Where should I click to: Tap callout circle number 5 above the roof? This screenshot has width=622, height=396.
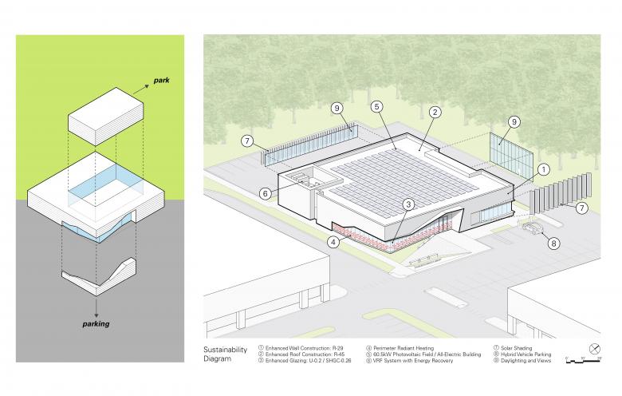pyautogui.click(x=377, y=105)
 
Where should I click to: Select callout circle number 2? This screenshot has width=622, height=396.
pyautogui.click(x=435, y=113)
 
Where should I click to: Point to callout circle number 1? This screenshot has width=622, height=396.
pyautogui.click(x=543, y=169)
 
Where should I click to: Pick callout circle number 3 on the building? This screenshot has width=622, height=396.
pyautogui.click(x=407, y=205)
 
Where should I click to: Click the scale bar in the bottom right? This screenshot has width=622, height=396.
pyautogui.click(x=582, y=361)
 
